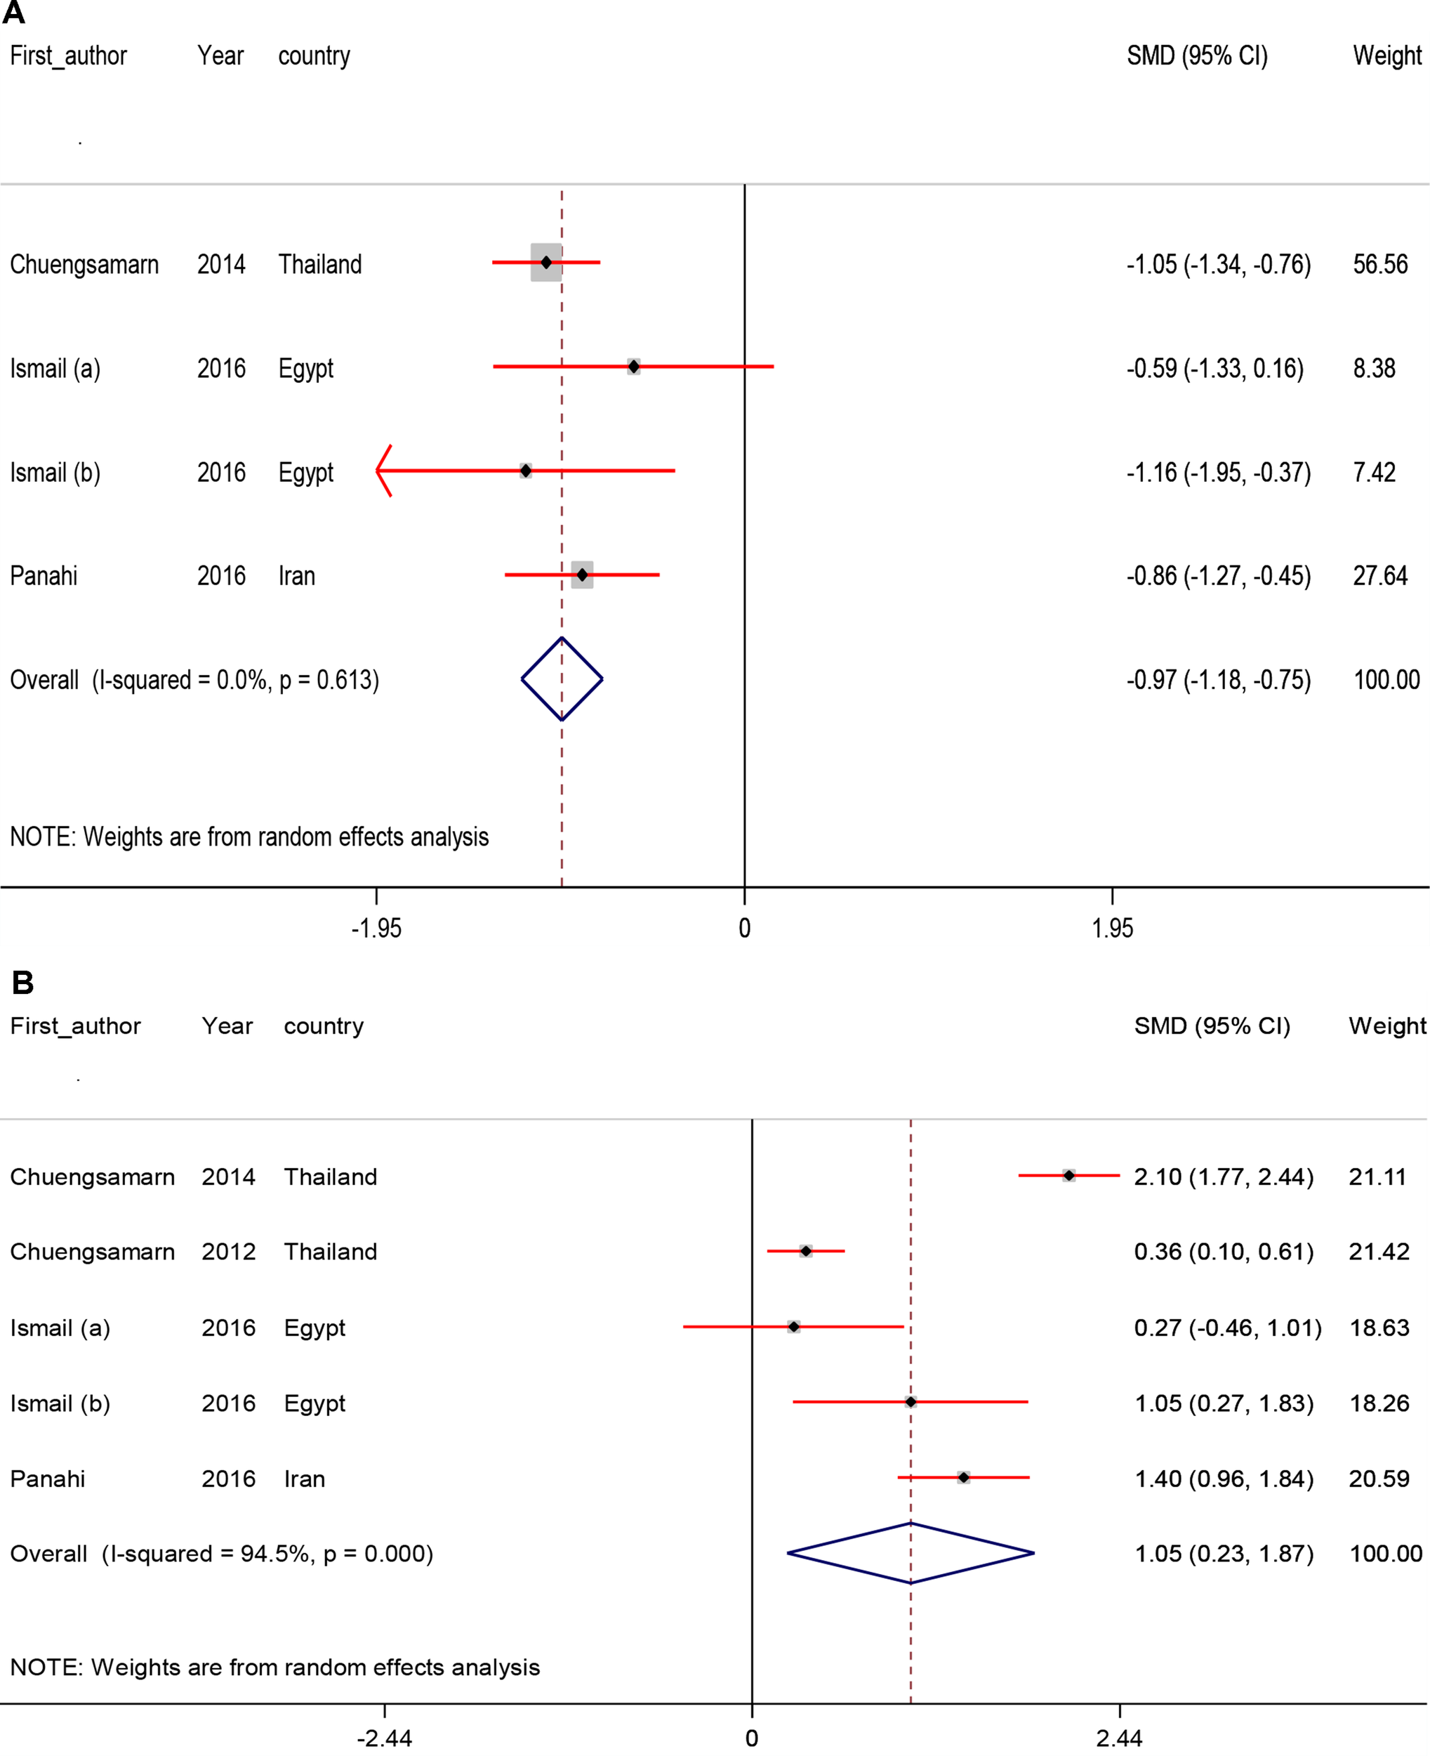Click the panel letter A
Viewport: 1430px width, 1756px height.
click(x=14, y=13)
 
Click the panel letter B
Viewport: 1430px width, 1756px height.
click(x=22, y=982)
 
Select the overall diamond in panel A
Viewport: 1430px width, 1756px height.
click(x=562, y=679)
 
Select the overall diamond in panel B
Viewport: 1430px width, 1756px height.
click(x=911, y=1552)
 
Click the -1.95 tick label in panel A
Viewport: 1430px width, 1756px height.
click(x=376, y=929)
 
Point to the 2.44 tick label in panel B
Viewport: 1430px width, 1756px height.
click(x=1118, y=1738)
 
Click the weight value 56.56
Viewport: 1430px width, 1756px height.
click(x=1379, y=265)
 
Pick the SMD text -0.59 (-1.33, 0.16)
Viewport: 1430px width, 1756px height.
click(x=1215, y=368)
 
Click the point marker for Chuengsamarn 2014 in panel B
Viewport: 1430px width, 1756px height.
click(x=1068, y=1175)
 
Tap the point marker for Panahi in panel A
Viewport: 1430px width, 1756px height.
click(x=583, y=575)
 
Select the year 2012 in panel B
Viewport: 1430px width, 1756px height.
click(x=228, y=1252)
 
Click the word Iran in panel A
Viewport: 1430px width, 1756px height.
click(x=296, y=576)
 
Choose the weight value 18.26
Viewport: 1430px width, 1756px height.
click(x=1379, y=1403)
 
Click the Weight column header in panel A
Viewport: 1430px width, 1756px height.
click(x=1387, y=56)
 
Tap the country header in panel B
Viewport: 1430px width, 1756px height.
click(x=323, y=1026)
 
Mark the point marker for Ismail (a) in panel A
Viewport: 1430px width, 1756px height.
click(x=633, y=366)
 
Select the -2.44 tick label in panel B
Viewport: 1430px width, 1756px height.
click(x=384, y=1738)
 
